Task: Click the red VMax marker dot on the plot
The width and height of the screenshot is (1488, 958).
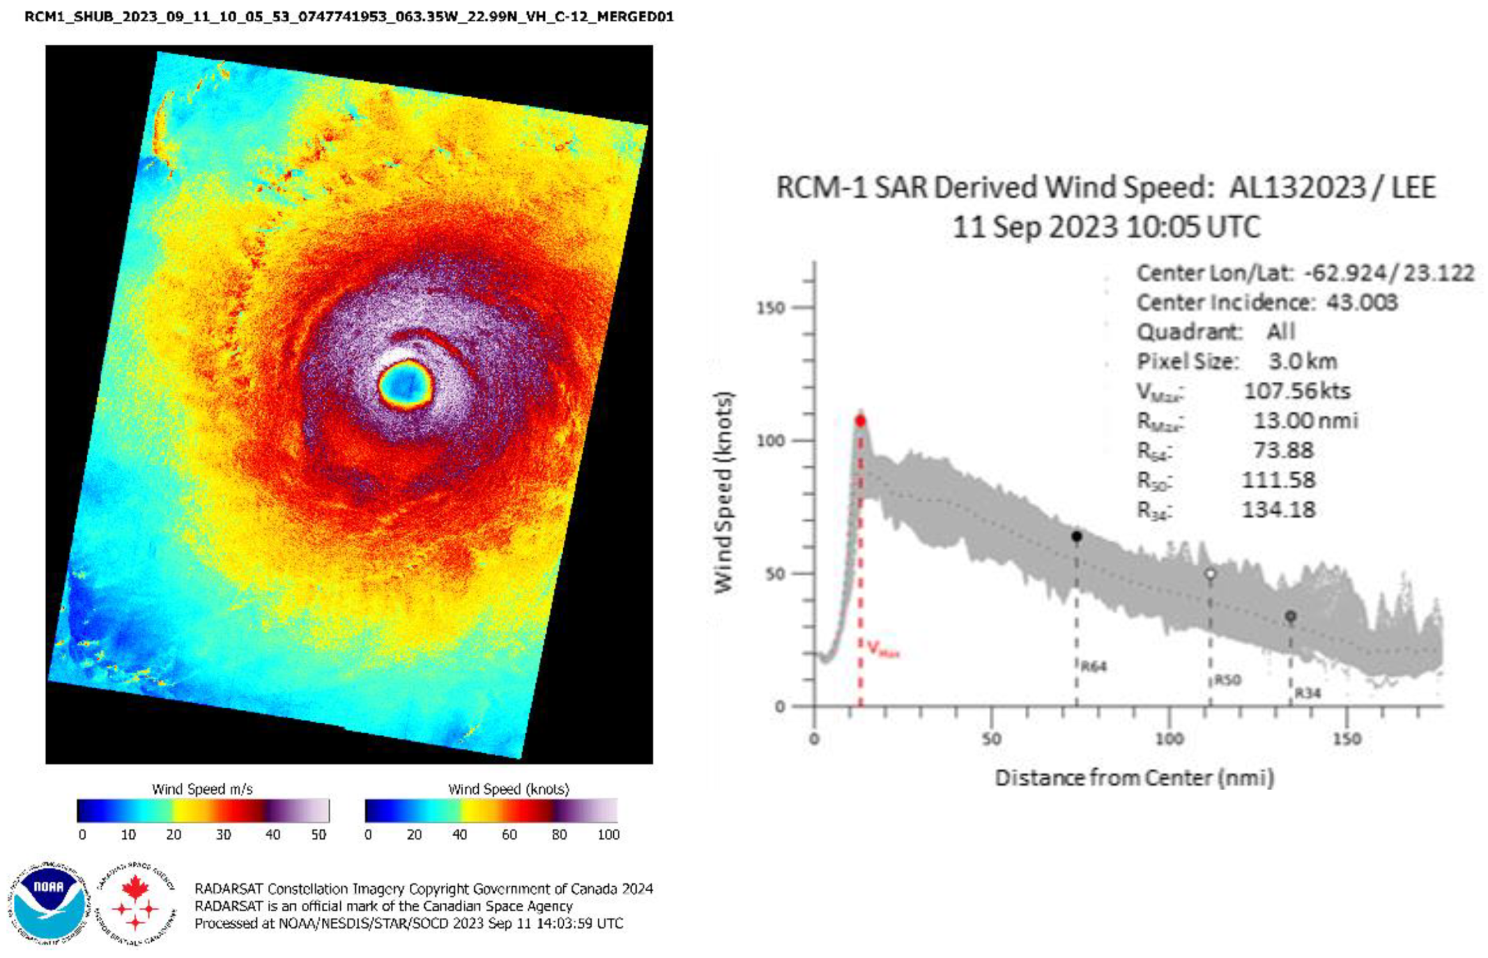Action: (x=860, y=421)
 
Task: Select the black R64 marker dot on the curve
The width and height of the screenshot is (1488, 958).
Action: (x=1076, y=537)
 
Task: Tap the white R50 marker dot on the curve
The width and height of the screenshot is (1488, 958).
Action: (x=1210, y=573)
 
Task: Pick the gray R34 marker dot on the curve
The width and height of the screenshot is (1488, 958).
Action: (x=1290, y=616)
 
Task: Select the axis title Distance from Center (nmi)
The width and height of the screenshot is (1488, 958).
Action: (x=1134, y=777)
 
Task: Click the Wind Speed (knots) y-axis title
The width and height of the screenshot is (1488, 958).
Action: (x=723, y=492)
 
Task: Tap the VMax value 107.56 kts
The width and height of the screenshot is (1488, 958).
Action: (x=1297, y=390)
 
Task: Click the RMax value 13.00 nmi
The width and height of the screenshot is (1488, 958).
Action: (x=1305, y=420)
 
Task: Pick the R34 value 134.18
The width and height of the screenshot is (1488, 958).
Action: (x=1278, y=509)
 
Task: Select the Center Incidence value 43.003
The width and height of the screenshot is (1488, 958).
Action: (x=1362, y=302)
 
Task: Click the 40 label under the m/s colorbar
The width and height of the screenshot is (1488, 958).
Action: (x=272, y=834)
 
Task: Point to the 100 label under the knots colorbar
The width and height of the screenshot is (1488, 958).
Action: (x=608, y=834)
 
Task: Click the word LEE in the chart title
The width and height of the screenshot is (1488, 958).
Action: (x=1413, y=187)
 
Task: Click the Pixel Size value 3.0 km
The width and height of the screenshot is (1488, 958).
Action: (x=1302, y=362)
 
